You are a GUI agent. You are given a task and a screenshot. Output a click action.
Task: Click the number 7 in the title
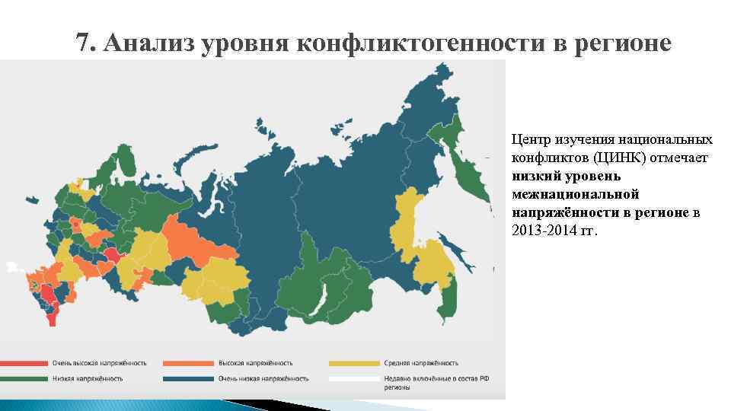(83, 44)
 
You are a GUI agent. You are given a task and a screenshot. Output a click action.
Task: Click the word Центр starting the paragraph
(529, 139)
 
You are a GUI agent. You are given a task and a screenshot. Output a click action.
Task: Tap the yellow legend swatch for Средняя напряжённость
(353, 363)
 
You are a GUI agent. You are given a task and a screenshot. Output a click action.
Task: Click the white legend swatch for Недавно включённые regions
(353, 378)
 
